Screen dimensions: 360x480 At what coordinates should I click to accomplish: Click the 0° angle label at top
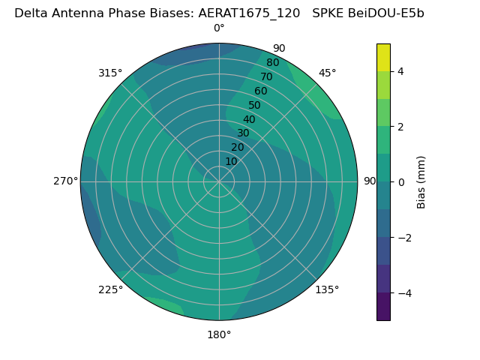point(219,28)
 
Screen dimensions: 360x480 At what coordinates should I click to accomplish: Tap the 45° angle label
point(328,73)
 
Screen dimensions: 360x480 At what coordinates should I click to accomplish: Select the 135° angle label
point(327,289)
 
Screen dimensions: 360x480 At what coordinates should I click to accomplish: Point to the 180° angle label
point(219,334)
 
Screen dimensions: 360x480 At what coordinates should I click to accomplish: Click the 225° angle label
point(110,289)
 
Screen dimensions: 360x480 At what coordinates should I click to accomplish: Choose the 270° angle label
point(65,181)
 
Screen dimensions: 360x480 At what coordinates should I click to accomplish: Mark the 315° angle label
point(110,73)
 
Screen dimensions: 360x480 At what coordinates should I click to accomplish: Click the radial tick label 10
point(231,161)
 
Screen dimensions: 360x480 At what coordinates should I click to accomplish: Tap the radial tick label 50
point(255,105)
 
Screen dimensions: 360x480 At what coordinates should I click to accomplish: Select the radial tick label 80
point(272,63)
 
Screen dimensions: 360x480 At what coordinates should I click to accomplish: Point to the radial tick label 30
point(243,133)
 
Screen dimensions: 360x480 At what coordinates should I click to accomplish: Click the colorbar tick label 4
point(400,71)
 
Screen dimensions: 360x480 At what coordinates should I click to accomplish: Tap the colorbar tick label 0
point(400,182)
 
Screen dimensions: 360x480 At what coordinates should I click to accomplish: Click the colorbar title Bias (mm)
point(421,181)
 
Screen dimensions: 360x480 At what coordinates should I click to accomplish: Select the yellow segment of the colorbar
point(383,57)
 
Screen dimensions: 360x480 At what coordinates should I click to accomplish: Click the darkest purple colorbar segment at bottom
point(383,307)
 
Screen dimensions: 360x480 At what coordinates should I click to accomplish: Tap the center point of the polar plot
point(219,181)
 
